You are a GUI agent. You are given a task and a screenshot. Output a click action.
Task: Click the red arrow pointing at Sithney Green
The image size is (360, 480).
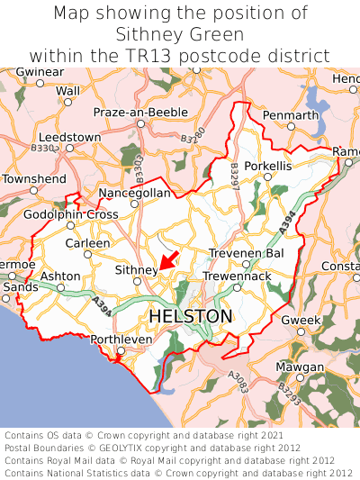pos(168,264)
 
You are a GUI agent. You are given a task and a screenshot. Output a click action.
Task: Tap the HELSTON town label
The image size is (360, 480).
pos(190,316)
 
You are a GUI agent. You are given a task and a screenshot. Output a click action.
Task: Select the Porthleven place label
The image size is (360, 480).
pos(123,340)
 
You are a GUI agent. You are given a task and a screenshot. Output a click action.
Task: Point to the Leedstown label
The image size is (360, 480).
pos(69,137)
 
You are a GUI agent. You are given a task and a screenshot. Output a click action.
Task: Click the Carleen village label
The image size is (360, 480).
pos(87,243)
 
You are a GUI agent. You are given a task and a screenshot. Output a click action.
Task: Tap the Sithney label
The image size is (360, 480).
pos(136,269)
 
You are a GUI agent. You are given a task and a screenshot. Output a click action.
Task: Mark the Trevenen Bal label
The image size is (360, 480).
pos(246,253)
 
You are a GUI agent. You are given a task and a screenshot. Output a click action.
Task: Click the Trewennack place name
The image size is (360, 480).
pos(236,276)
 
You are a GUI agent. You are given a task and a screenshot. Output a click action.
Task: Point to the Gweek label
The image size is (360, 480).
pos(301,321)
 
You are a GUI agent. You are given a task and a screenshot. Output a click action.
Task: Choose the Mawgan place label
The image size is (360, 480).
pos(301,367)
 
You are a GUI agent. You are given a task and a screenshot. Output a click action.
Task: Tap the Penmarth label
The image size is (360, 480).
pos(290,115)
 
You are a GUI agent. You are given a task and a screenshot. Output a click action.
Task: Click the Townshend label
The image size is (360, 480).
pos(34,179)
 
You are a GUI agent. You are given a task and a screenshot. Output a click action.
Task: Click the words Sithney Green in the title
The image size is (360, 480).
pos(180,34)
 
